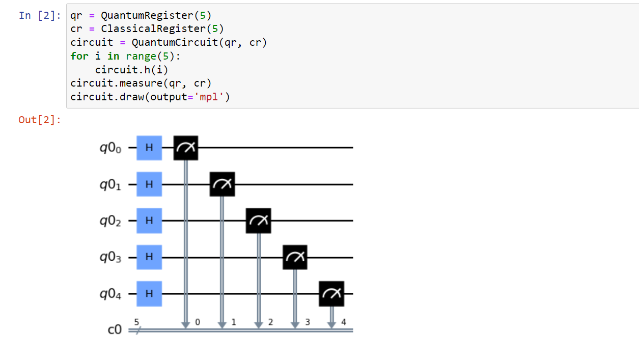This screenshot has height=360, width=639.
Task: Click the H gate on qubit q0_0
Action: click(x=149, y=148)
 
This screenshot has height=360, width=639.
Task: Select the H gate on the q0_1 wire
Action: click(x=149, y=184)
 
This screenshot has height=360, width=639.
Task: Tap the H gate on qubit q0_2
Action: click(x=149, y=220)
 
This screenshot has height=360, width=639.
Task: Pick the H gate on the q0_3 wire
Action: click(x=149, y=257)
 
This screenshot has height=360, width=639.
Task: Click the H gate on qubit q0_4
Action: click(x=149, y=294)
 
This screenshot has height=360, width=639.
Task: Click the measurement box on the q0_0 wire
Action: click(x=186, y=148)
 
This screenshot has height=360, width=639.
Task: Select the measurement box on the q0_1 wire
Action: click(x=223, y=184)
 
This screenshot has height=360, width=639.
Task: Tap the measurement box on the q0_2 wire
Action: click(x=259, y=220)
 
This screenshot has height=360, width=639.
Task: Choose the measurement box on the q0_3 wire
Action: click(x=295, y=257)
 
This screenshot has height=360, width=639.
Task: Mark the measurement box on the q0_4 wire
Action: click(x=331, y=294)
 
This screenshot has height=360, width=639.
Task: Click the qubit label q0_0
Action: click(x=110, y=148)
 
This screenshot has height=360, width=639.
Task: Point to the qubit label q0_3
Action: click(x=110, y=258)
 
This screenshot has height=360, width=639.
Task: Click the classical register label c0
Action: click(x=116, y=330)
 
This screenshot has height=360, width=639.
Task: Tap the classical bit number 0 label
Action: click(x=198, y=322)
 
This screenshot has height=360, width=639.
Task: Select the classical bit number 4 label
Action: click(x=344, y=322)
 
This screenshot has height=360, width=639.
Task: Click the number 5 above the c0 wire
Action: click(x=136, y=322)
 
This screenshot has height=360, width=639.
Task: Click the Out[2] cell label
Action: click(x=39, y=120)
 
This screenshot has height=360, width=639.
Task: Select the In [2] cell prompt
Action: click(x=39, y=15)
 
